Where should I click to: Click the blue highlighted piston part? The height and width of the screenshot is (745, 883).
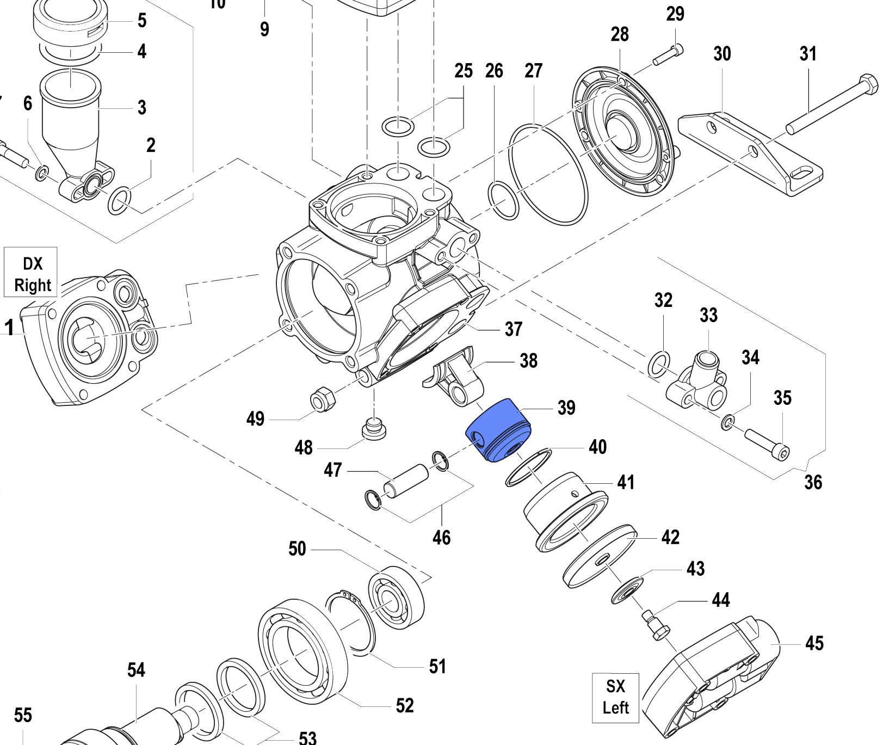pos(498,430)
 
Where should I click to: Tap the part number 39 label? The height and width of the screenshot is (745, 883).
pos(566,408)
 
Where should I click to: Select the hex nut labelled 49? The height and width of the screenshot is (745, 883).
pos(323,399)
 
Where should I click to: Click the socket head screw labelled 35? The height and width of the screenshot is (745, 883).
pos(767,444)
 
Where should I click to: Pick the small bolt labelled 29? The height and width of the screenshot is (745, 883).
pos(668,55)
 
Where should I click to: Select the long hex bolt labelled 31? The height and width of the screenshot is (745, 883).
pos(832,106)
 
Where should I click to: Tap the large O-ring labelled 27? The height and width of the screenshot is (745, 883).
pos(548,174)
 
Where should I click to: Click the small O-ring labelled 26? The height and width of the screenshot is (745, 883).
pos(504,201)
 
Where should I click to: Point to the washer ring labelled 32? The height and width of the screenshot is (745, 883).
pos(658,364)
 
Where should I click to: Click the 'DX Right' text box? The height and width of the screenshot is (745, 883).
pos(32,273)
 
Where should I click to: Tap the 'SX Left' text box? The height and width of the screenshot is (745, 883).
pos(615,697)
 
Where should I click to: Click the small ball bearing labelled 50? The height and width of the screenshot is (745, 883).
pos(396,597)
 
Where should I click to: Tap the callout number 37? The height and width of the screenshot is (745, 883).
pos(513,329)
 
